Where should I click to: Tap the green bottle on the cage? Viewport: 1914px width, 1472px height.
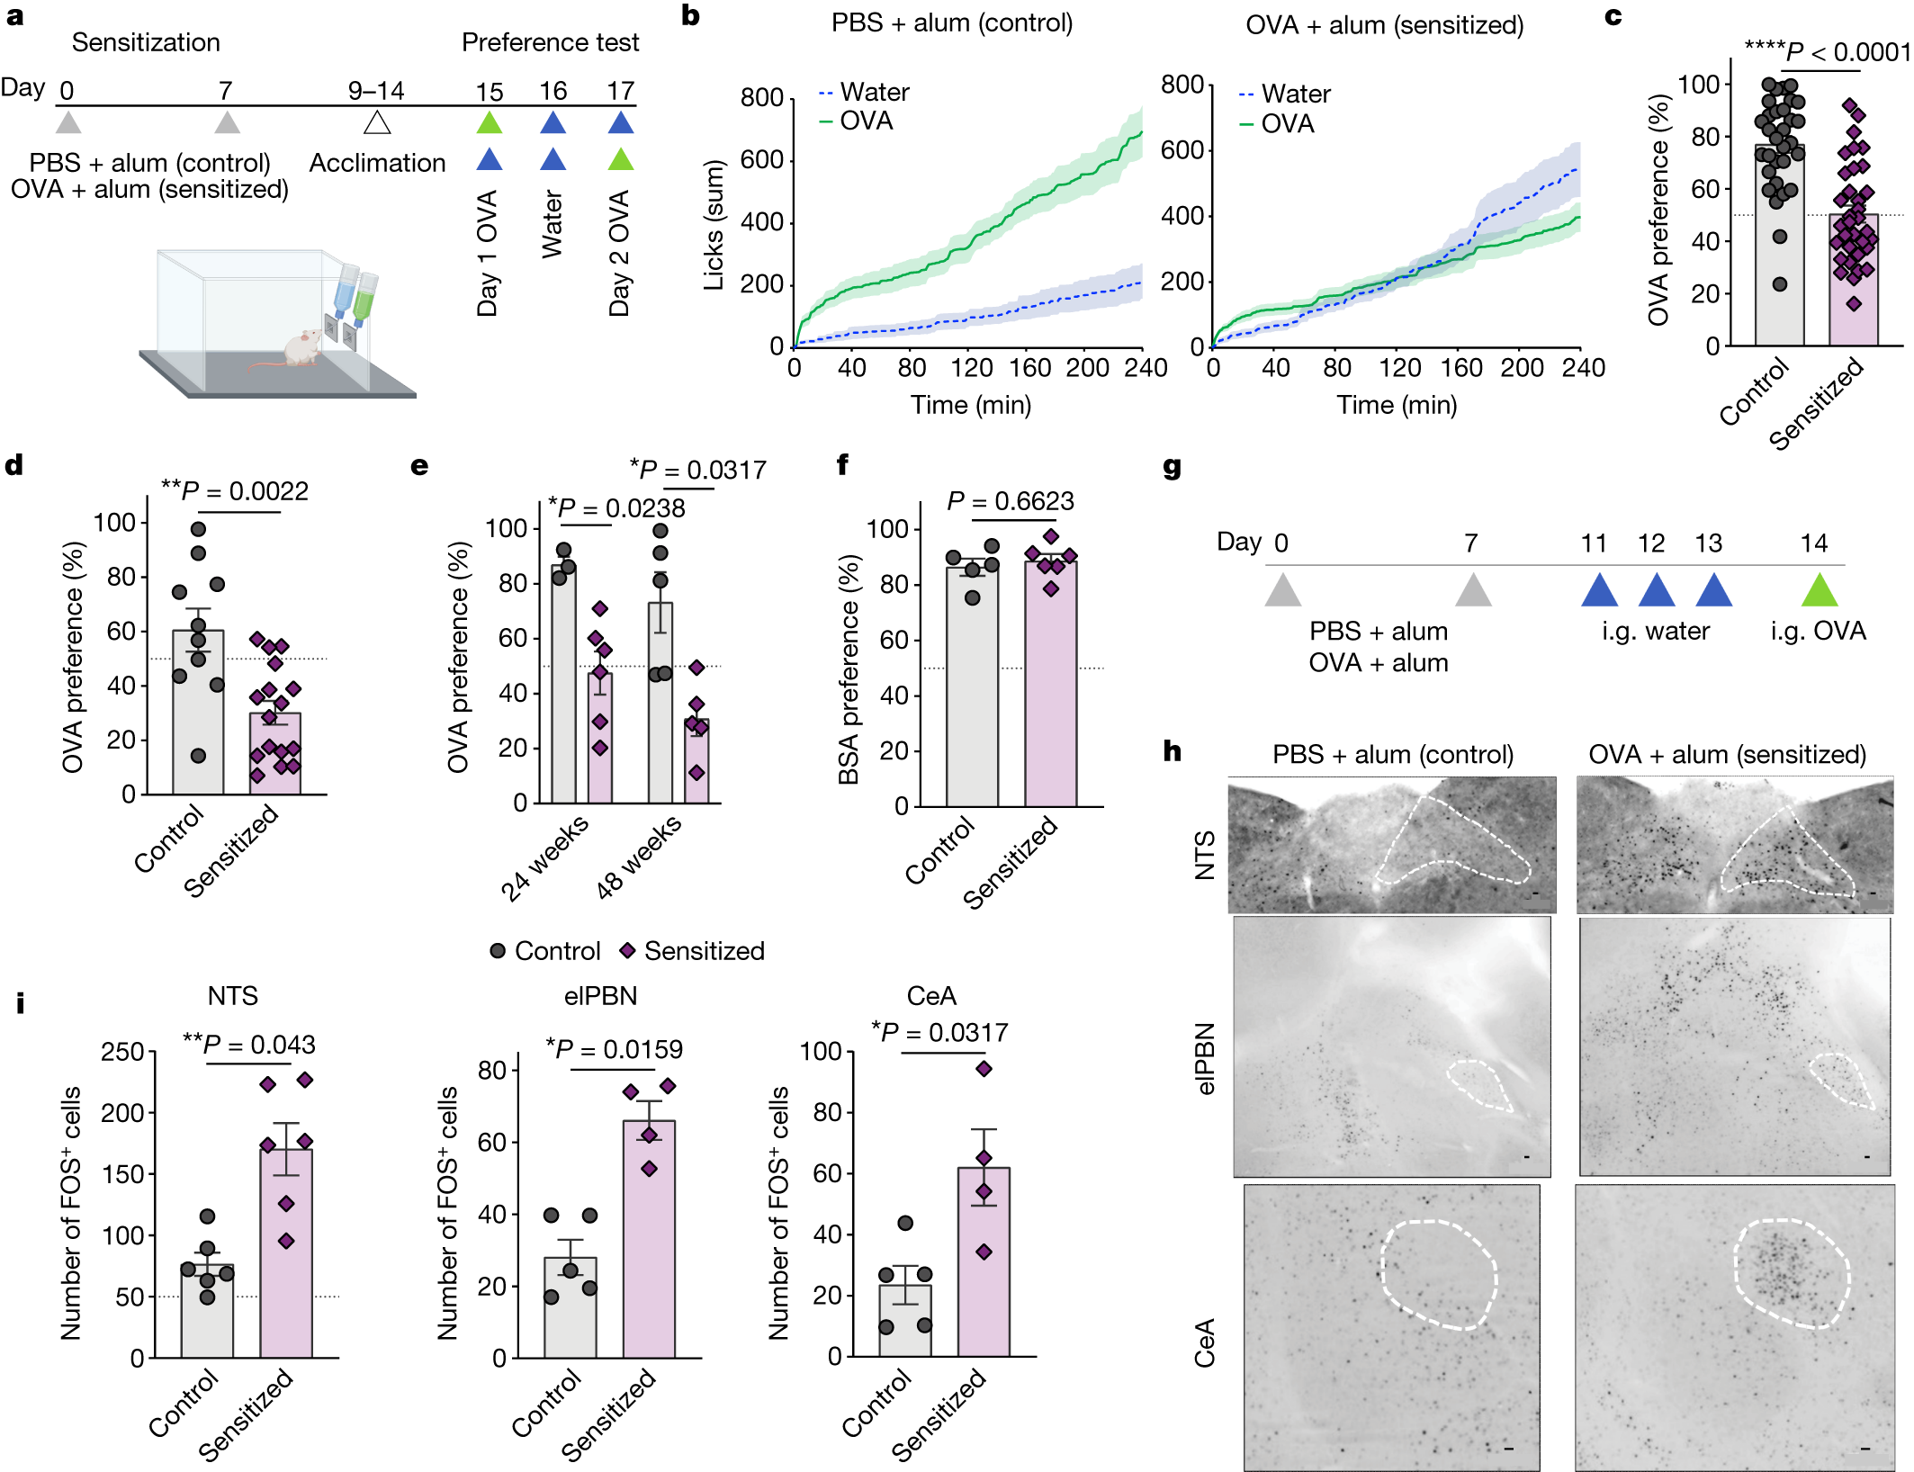coord(364,298)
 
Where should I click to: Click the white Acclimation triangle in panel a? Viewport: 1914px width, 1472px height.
coord(377,122)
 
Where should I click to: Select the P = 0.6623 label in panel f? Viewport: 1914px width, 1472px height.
coord(1010,501)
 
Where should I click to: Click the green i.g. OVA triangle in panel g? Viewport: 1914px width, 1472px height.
coord(1819,589)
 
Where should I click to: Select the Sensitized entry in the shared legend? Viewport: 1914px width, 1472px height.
coord(693,951)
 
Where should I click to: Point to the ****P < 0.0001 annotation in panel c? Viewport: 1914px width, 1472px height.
coord(1827,50)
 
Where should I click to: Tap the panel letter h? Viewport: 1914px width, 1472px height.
coord(1172,751)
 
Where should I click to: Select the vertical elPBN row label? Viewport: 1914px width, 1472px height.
coord(1205,1058)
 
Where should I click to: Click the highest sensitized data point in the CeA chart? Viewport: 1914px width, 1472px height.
coord(984,1069)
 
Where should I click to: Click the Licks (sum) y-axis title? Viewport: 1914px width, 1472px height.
coord(714,225)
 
